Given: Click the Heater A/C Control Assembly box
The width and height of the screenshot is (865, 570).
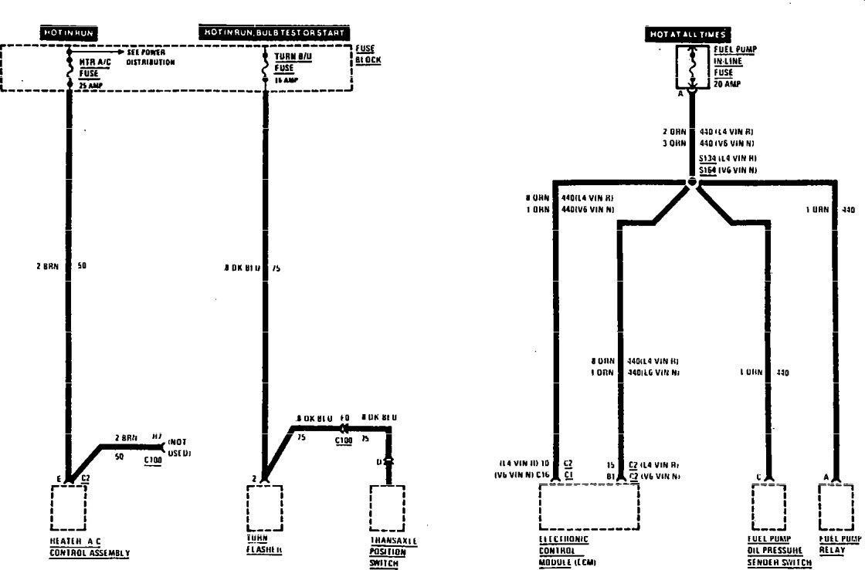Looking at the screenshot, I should (x=69, y=506).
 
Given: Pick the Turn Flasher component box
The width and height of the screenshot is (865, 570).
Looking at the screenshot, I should (x=265, y=506).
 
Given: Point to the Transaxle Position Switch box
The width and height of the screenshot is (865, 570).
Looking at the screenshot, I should (x=388, y=506).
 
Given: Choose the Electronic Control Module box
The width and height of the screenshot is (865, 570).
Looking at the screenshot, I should (x=589, y=506).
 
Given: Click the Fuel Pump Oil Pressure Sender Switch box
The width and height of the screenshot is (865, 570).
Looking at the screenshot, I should (x=769, y=506).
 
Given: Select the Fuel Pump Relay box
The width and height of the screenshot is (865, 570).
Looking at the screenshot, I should (x=836, y=506).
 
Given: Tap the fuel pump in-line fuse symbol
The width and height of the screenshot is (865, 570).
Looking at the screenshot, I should (x=692, y=66).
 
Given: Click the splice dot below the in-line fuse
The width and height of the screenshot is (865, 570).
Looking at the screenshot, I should (x=692, y=183).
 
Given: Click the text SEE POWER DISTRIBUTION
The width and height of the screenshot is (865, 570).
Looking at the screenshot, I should (x=147, y=57).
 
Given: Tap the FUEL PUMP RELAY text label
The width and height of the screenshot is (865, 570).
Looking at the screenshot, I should (x=840, y=545).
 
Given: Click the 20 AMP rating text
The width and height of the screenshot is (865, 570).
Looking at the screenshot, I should (x=728, y=84).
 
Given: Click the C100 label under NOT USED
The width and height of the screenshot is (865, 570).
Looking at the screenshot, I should (x=153, y=460).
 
